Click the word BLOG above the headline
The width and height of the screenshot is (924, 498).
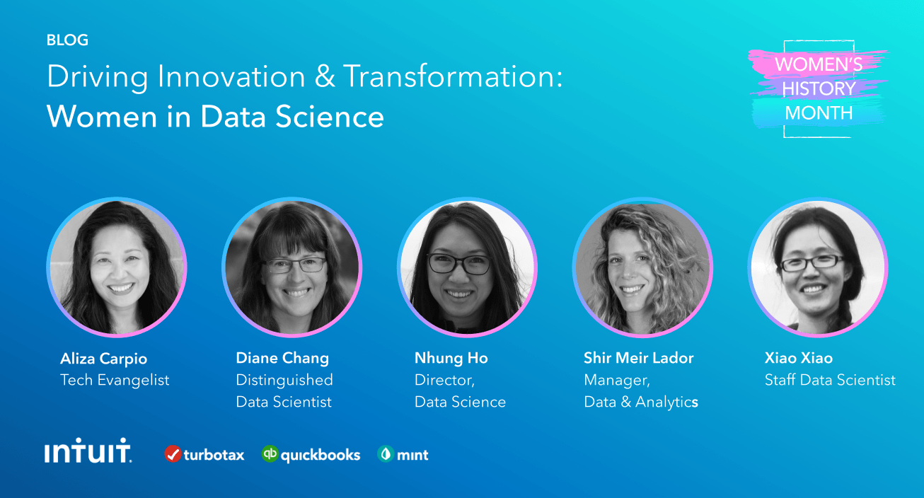click(x=67, y=40)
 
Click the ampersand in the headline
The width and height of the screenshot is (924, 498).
click(x=325, y=76)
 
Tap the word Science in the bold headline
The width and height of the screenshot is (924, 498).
click(x=330, y=116)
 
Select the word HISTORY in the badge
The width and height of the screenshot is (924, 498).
click(x=819, y=88)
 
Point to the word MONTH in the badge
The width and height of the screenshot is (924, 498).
click(x=819, y=112)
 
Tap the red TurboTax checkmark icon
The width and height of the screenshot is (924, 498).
click(x=173, y=454)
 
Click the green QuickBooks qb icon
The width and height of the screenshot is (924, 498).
click(x=270, y=454)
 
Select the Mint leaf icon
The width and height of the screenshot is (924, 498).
click(x=386, y=454)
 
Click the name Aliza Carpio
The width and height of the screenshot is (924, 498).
click(x=103, y=359)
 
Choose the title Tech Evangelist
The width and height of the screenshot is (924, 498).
click(x=115, y=380)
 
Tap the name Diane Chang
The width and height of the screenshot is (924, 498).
click(x=282, y=358)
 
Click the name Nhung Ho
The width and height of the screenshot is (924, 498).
click(x=451, y=358)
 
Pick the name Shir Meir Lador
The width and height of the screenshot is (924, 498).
click(x=639, y=358)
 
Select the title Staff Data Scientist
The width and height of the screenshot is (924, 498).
click(x=830, y=380)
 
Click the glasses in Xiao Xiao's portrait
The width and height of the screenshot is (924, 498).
click(x=812, y=263)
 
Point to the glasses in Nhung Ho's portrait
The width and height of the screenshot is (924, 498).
click(x=458, y=264)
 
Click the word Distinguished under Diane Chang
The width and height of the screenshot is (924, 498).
click(x=284, y=380)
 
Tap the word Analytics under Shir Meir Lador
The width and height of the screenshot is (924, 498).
click(x=666, y=402)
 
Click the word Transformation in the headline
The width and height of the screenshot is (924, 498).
click(x=453, y=76)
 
